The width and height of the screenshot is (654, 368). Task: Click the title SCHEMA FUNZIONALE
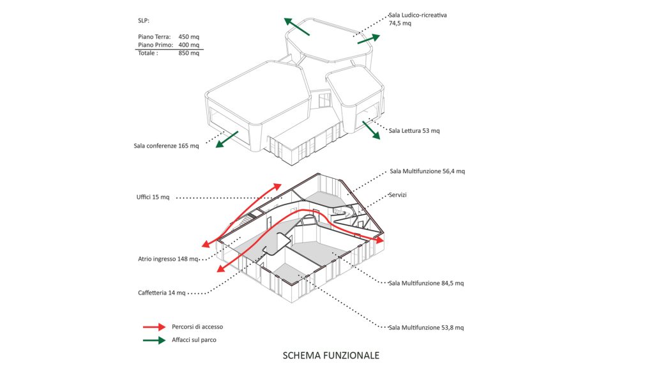331,355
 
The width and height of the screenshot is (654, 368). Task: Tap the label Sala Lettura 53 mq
414,130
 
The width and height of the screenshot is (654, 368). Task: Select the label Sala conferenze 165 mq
167,146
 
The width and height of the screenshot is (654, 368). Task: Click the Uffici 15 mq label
153,197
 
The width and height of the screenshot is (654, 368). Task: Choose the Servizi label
397,195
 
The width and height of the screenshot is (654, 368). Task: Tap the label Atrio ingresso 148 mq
168,259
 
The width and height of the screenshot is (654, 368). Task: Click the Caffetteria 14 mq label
162,293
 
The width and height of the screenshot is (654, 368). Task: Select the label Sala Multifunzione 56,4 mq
427,171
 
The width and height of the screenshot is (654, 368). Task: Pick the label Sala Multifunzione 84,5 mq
426,283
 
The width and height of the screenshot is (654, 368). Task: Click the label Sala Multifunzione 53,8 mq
426,328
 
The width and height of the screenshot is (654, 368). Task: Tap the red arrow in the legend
155,327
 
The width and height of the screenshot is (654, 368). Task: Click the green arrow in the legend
155,340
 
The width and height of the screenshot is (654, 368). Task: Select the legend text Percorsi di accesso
197,326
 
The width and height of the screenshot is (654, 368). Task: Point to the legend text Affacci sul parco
194,340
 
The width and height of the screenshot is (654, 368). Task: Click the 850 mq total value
189,53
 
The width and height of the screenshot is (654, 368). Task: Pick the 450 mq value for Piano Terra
189,36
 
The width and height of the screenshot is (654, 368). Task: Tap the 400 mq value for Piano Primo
189,45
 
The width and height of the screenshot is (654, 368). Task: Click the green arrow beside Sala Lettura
371,130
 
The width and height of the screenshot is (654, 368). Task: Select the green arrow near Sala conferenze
227,139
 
